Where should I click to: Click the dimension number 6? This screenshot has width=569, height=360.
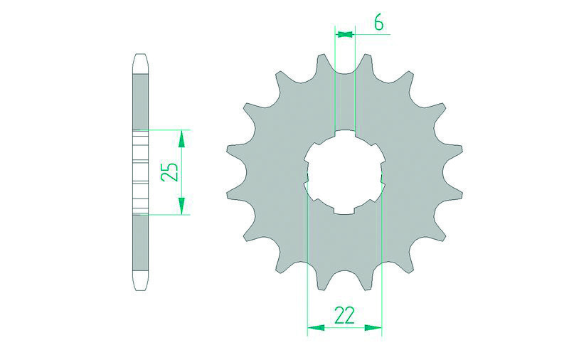click(378, 23)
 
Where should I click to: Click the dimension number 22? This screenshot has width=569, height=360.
click(344, 315)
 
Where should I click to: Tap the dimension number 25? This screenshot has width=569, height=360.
click(169, 171)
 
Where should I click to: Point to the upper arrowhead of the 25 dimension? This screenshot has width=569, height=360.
click(182, 137)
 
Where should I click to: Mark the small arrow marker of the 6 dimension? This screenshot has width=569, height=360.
click(345, 33)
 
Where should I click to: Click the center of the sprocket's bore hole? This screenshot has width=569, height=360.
click(345, 172)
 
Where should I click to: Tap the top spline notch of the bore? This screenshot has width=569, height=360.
click(345, 134)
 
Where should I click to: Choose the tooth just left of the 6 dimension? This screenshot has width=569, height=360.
click(321, 63)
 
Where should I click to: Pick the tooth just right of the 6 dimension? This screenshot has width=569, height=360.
click(368, 63)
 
